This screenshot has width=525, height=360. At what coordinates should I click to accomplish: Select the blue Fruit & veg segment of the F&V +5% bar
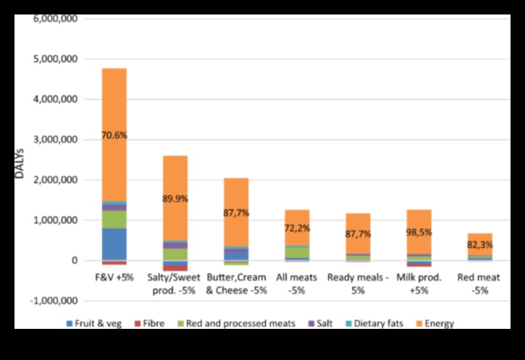click(114, 243)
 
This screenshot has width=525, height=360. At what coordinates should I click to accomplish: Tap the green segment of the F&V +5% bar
click(114, 219)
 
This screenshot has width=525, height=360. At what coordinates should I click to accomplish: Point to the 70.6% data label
click(114, 135)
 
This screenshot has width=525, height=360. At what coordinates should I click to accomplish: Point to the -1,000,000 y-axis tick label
click(58, 301)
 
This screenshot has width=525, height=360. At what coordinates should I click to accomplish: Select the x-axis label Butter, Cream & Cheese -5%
click(236, 283)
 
